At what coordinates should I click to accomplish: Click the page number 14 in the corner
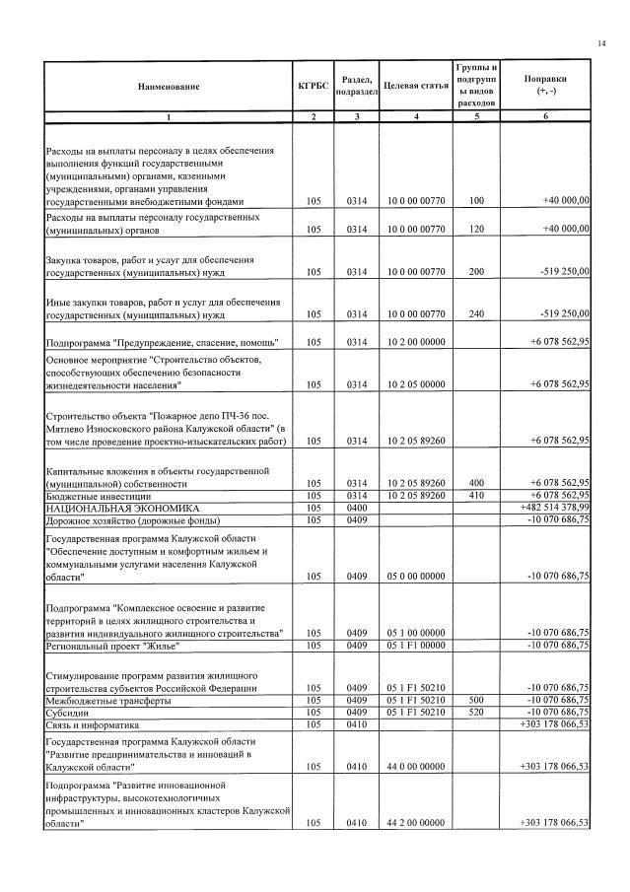601,43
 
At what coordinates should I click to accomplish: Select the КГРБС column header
313,87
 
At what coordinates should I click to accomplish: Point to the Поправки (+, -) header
545,85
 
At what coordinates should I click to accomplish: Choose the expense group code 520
476,712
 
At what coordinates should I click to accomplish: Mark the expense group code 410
476,496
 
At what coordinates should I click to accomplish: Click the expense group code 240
476,314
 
